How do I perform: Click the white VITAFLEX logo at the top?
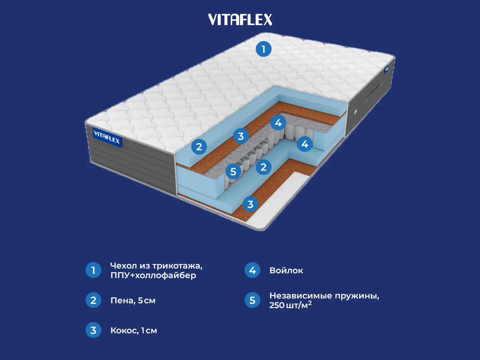click(240, 20)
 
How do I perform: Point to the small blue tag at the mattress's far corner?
click(386, 69)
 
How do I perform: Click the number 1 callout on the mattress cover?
click(263, 49)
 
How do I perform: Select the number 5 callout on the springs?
click(233, 172)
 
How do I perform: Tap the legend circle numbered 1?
click(93, 270)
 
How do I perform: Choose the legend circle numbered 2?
click(93, 300)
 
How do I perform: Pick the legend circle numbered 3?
click(93, 330)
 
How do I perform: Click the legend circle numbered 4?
click(252, 270)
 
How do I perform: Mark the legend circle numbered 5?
click(252, 300)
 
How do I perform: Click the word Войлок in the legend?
click(286, 271)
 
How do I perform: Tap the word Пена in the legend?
click(122, 301)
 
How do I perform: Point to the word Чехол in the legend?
click(123, 266)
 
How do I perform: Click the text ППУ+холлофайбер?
click(153, 275)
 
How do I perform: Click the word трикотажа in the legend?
click(177, 266)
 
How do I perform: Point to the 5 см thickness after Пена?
click(147, 301)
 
